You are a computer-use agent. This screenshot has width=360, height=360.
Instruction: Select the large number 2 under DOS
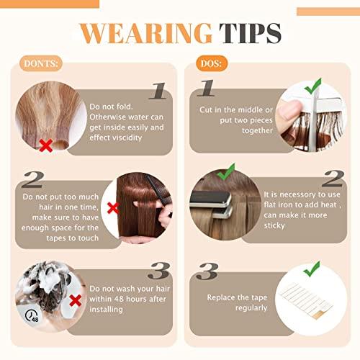coord(331,178)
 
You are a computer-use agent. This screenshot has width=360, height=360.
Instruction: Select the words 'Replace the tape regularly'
coord(238,302)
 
